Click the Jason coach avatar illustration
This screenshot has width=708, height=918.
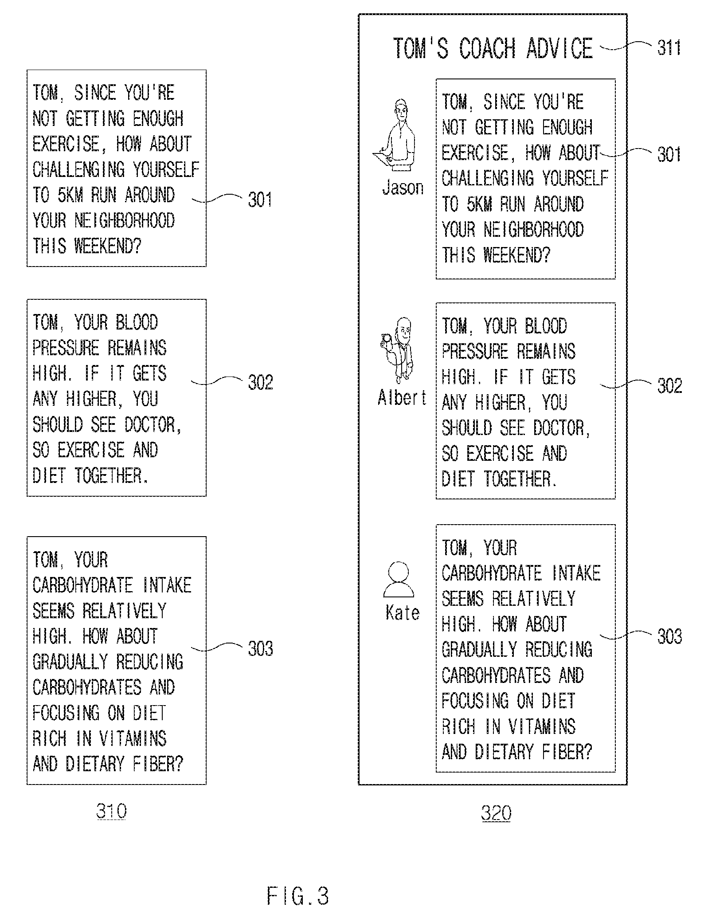pyautogui.click(x=395, y=135)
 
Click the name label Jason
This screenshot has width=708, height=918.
pyautogui.click(x=403, y=188)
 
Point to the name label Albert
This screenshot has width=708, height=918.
pyautogui.click(x=402, y=397)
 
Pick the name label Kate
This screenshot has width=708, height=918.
pyautogui.click(x=403, y=613)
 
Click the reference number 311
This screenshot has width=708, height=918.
pyautogui.click(x=669, y=48)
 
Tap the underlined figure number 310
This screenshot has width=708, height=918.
pyautogui.click(x=111, y=811)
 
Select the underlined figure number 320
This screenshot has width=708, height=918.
pyautogui.click(x=496, y=813)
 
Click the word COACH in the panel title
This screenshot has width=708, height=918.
pyautogui.click(x=487, y=48)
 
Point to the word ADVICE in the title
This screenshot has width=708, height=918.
pyautogui.click(x=559, y=48)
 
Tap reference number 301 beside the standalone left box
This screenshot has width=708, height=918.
pyautogui.click(x=260, y=200)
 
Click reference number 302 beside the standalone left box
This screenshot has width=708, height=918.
pyautogui.click(x=260, y=382)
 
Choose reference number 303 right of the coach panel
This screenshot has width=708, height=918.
pyautogui.click(x=669, y=637)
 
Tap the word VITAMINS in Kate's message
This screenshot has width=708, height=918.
pyautogui.click(x=542, y=726)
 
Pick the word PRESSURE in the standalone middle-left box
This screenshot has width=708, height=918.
pyautogui.click(x=66, y=348)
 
